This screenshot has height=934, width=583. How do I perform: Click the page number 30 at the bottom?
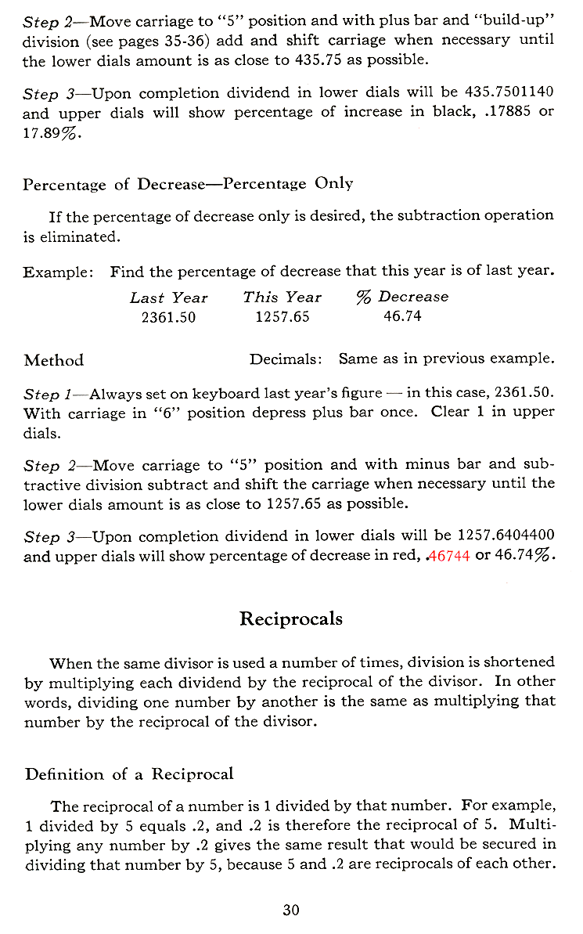[x=291, y=910]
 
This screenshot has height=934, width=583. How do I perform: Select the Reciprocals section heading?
[x=290, y=618]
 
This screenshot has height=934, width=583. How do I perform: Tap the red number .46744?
[x=446, y=556]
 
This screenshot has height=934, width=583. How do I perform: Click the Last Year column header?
[x=168, y=298]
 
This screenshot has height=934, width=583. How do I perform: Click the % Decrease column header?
[x=402, y=298]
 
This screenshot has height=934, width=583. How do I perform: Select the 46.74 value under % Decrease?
[x=402, y=317]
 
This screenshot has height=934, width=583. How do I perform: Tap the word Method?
[x=54, y=361]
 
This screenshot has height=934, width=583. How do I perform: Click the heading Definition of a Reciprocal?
[x=129, y=775]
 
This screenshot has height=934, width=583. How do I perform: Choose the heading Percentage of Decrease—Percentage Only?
[x=188, y=184]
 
